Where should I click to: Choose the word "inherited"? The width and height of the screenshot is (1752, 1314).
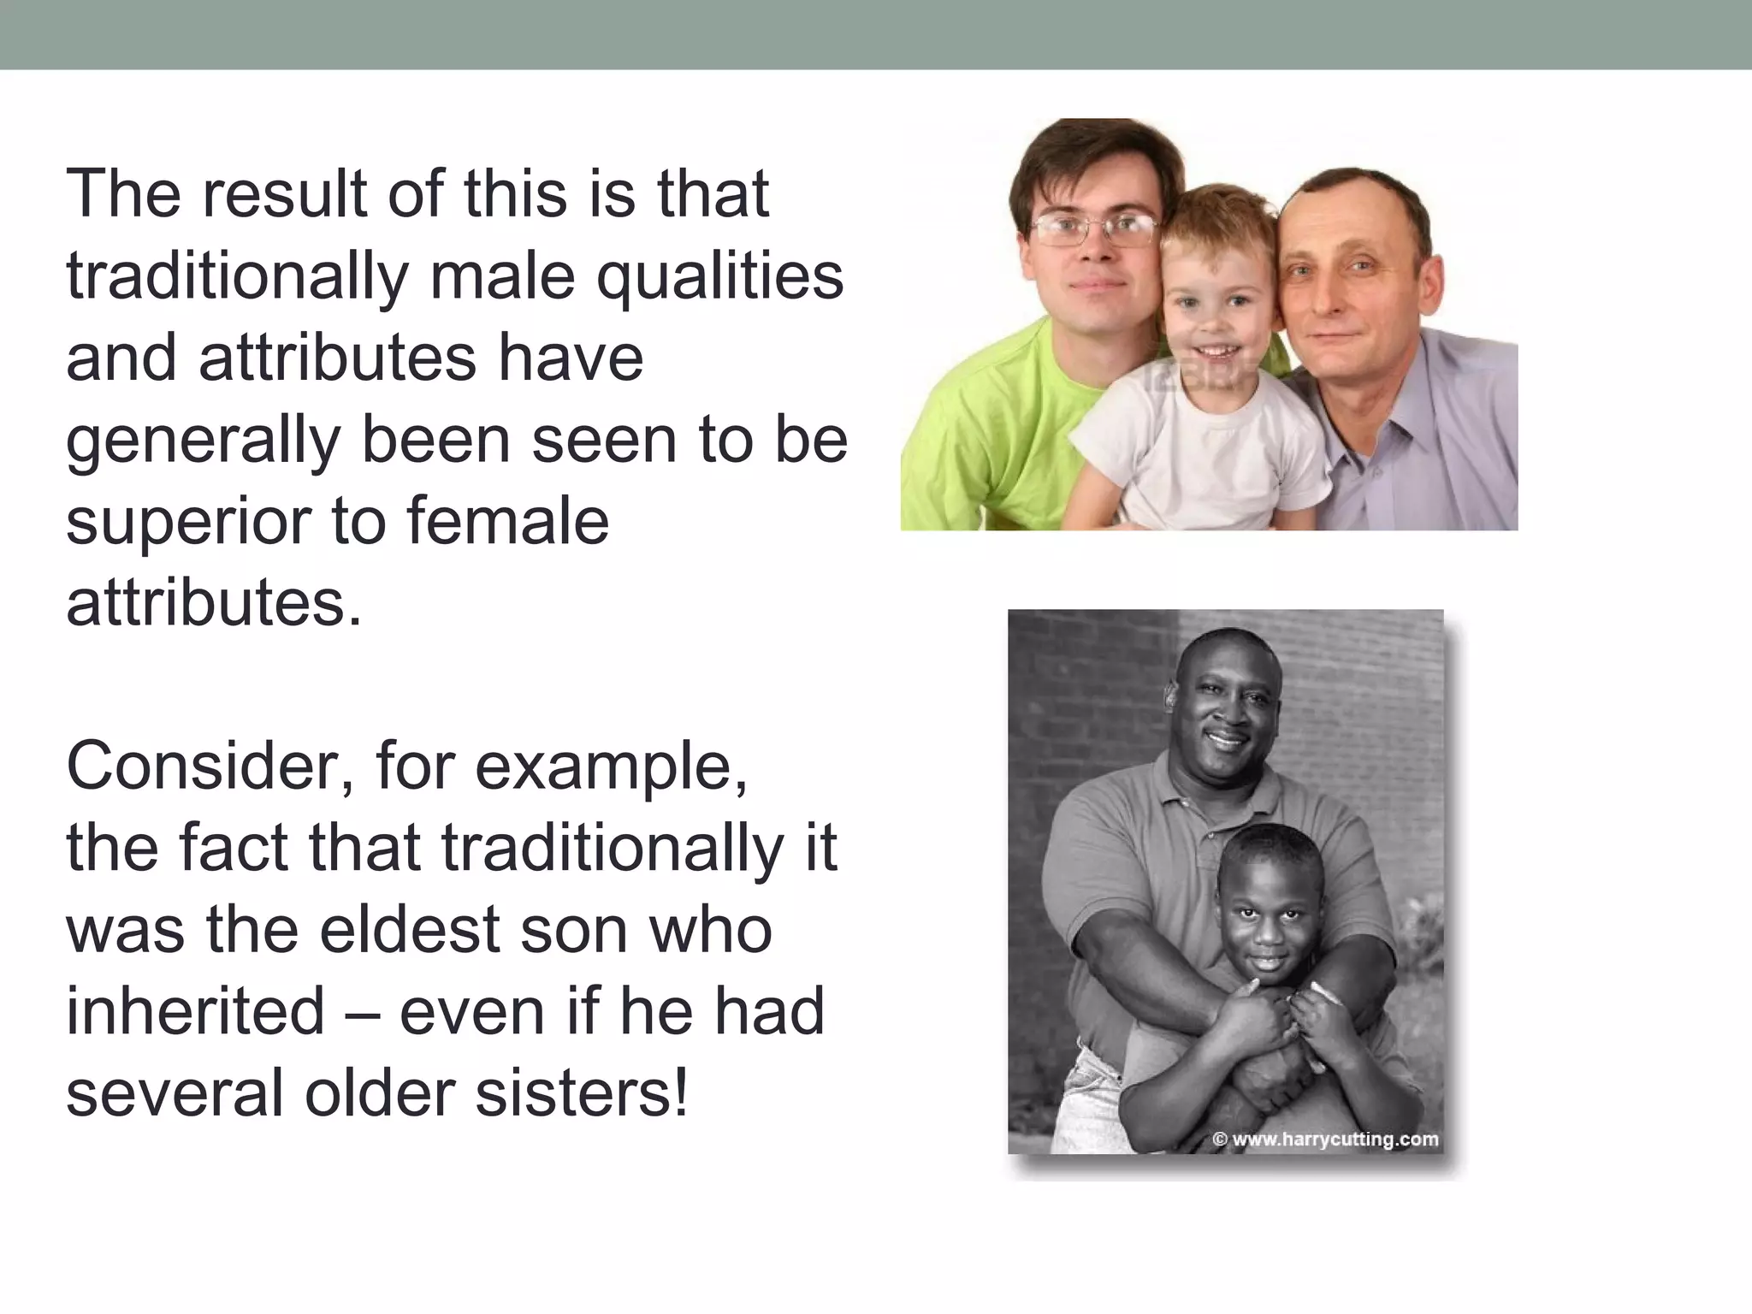pos(196,1011)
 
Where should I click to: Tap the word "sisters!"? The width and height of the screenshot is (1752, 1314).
pos(581,1093)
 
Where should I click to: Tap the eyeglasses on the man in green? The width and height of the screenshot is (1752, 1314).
pos(1095,228)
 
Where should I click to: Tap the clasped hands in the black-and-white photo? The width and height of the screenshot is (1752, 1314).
pos(1266,1022)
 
